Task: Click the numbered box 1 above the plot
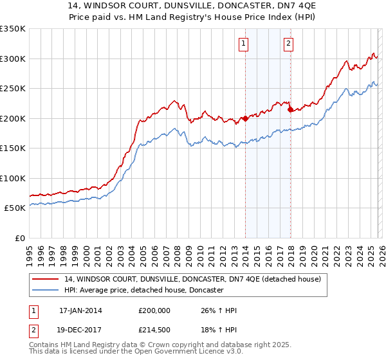[x=244, y=44]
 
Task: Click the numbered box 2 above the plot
[x=288, y=44]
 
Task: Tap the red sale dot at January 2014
[x=245, y=118]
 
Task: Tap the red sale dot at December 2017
[x=290, y=109]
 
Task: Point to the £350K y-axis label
[x=13, y=29]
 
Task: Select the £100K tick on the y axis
[x=13, y=178]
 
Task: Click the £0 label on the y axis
[x=19, y=238]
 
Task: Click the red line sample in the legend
[x=46, y=279]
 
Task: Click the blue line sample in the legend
[x=46, y=291]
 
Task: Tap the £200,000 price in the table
[x=154, y=310]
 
